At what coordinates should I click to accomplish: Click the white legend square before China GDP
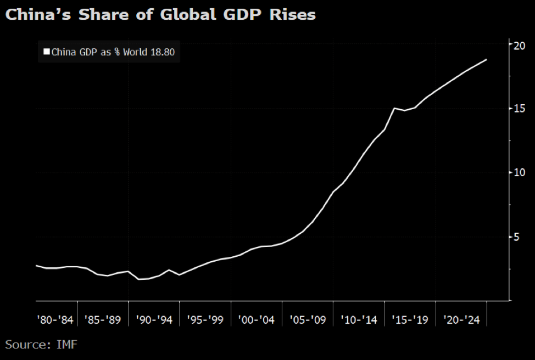tap(46, 53)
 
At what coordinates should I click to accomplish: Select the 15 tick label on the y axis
tap(520, 109)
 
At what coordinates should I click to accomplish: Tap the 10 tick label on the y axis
tap(520, 172)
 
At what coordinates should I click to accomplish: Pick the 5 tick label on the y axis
tap(517, 237)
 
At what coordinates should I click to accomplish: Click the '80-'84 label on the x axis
tap(54, 320)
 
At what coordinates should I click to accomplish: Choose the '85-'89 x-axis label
tap(103, 320)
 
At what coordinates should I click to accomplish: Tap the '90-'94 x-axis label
tap(154, 320)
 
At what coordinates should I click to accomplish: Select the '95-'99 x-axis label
tap(205, 320)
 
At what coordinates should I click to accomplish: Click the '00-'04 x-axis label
tap(257, 320)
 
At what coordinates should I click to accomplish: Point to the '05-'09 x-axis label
tap(308, 320)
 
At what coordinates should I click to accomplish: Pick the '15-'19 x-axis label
tap(410, 320)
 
